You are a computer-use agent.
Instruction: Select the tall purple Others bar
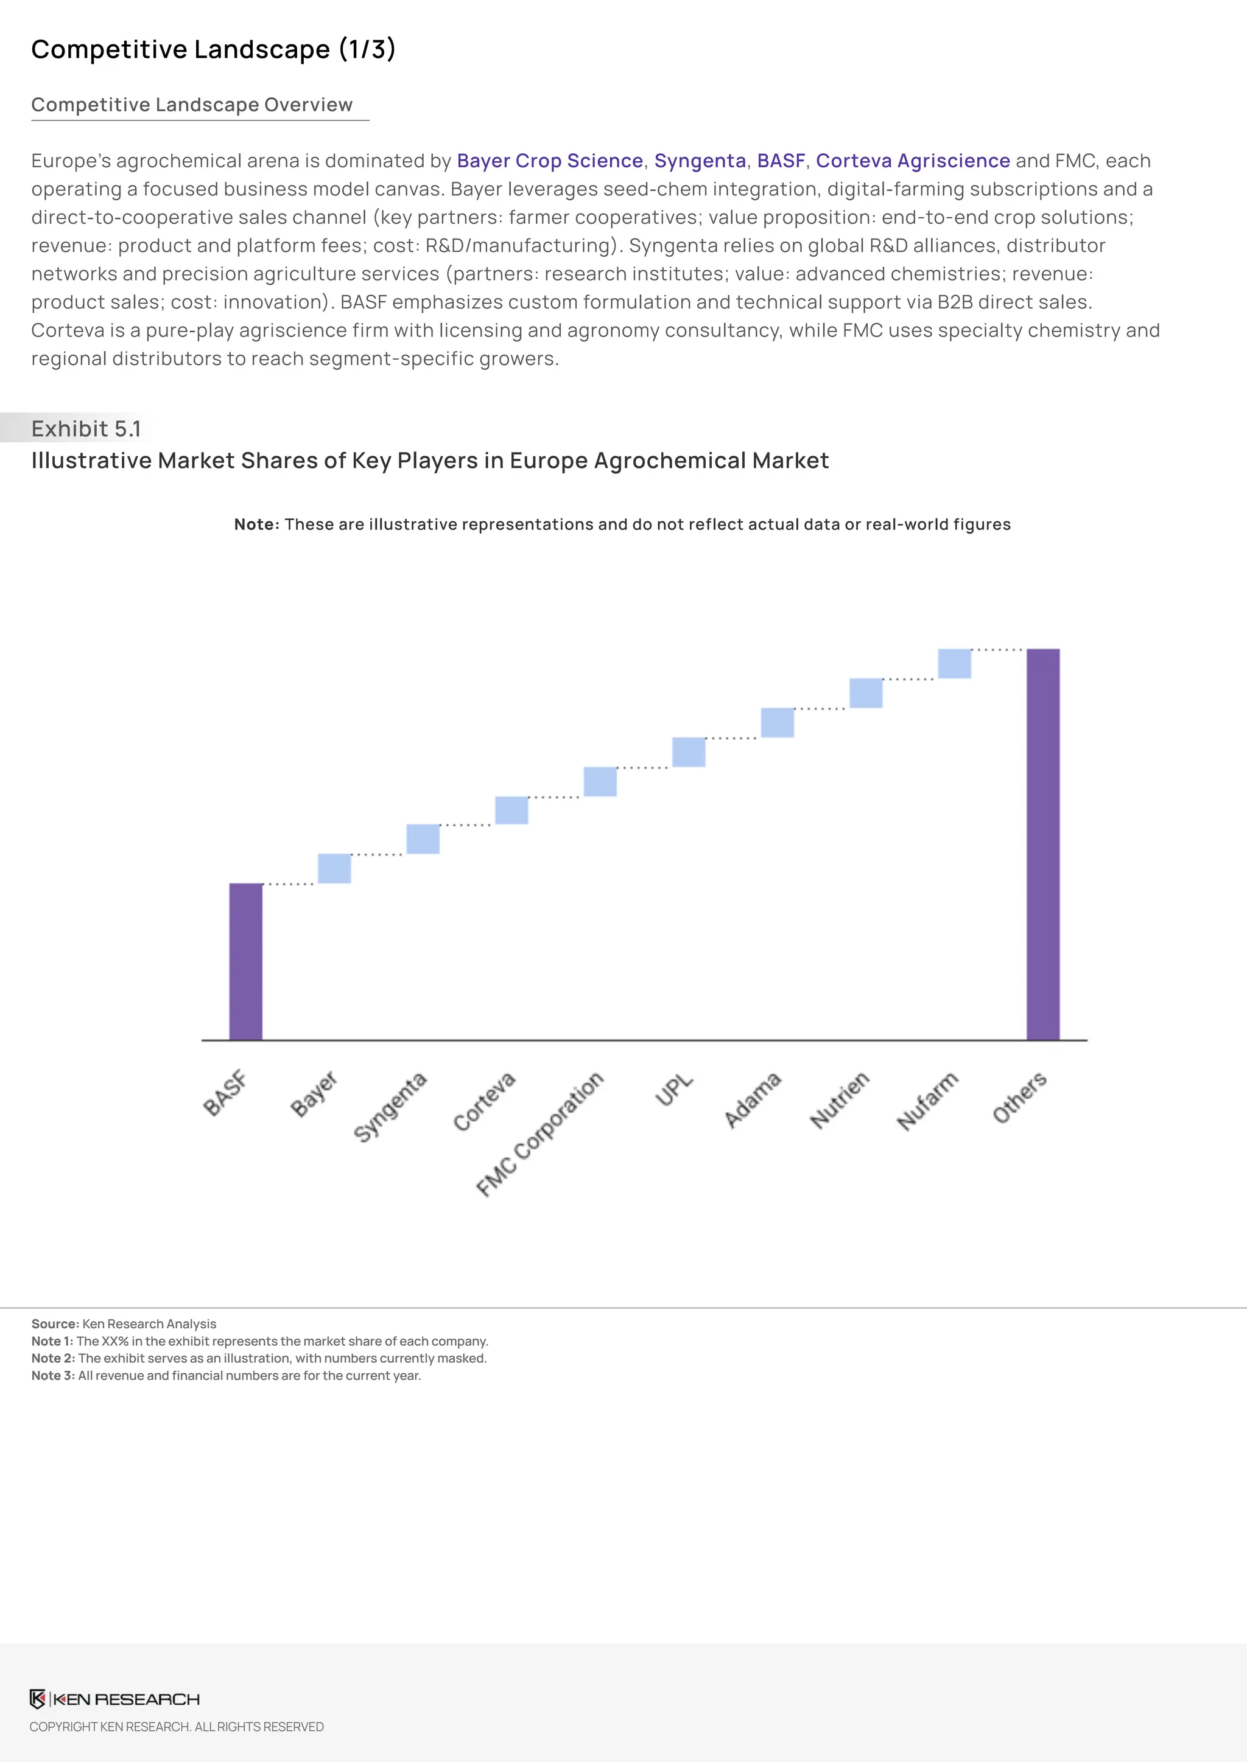[1043, 844]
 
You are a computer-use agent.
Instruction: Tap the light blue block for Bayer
[334, 868]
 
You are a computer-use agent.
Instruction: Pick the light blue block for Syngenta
[423, 839]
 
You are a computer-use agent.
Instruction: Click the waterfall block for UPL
[689, 752]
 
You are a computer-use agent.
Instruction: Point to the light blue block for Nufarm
[955, 664]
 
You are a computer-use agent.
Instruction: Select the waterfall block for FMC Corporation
[600, 781]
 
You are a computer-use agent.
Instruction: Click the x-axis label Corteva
[483, 1102]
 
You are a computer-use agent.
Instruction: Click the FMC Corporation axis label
[540, 1133]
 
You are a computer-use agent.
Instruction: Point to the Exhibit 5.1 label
[86, 428]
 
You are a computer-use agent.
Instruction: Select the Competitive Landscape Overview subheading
[192, 105]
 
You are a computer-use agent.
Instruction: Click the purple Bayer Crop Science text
[550, 161]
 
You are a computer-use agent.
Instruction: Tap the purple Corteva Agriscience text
[912, 161]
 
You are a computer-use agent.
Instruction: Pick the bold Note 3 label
[52, 1375]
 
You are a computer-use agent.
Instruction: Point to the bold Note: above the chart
[256, 524]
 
